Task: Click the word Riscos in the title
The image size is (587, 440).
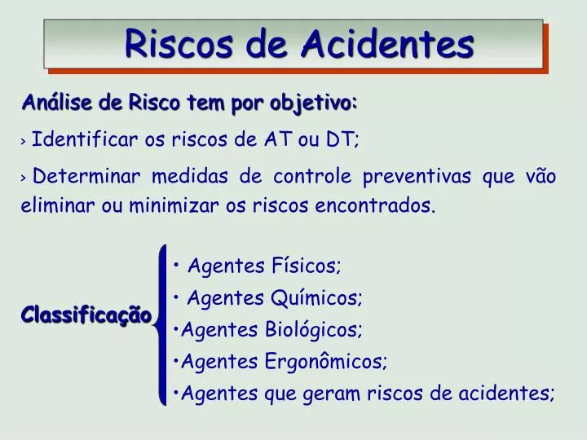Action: coord(168,43)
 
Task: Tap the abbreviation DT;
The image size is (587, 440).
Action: coord(343,139)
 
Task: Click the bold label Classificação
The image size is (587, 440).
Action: coord(86,315)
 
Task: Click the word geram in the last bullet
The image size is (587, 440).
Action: coord(331,394)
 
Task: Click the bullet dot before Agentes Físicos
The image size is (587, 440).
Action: coord(178,266)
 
